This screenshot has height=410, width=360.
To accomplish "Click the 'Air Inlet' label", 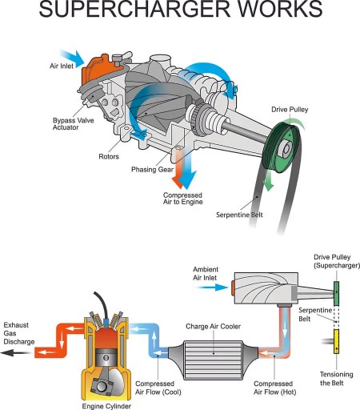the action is (x=62, y=66).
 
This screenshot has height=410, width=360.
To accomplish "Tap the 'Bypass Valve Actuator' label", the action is (x=73, y=124).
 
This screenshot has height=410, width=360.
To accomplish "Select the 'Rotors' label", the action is (x=109, y=156).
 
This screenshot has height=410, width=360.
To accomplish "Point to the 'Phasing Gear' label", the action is (x=152, y=170).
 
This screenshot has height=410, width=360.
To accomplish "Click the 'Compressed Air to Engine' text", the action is (x=182, y=199).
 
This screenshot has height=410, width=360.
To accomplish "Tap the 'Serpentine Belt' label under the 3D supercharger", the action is (x=239, y=215).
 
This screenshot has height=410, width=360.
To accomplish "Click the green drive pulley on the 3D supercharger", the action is (x=282, y=147).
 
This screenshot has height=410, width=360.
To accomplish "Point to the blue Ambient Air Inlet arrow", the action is (x=212, y=287).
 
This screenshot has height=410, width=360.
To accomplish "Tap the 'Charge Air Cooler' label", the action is (x=213, y=327).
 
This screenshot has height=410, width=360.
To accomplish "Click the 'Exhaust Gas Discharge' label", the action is (x=19, y=333).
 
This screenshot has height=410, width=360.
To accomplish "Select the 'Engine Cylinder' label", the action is (x=106, y=406).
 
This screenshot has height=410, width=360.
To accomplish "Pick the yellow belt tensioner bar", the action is (x=337, y=341).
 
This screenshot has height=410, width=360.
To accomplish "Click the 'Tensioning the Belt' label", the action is (x=336, y=379).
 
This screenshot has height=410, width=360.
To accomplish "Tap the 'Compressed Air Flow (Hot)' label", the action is (x=274, y=388).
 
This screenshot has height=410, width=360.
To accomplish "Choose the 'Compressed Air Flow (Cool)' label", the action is (x=158, y=388).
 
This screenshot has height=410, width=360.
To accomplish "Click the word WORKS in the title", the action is (x=280, y=9).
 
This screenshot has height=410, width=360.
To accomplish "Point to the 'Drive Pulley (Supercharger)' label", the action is (x=337, y=261).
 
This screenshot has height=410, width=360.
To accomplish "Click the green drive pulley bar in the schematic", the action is (x=337, y=293).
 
